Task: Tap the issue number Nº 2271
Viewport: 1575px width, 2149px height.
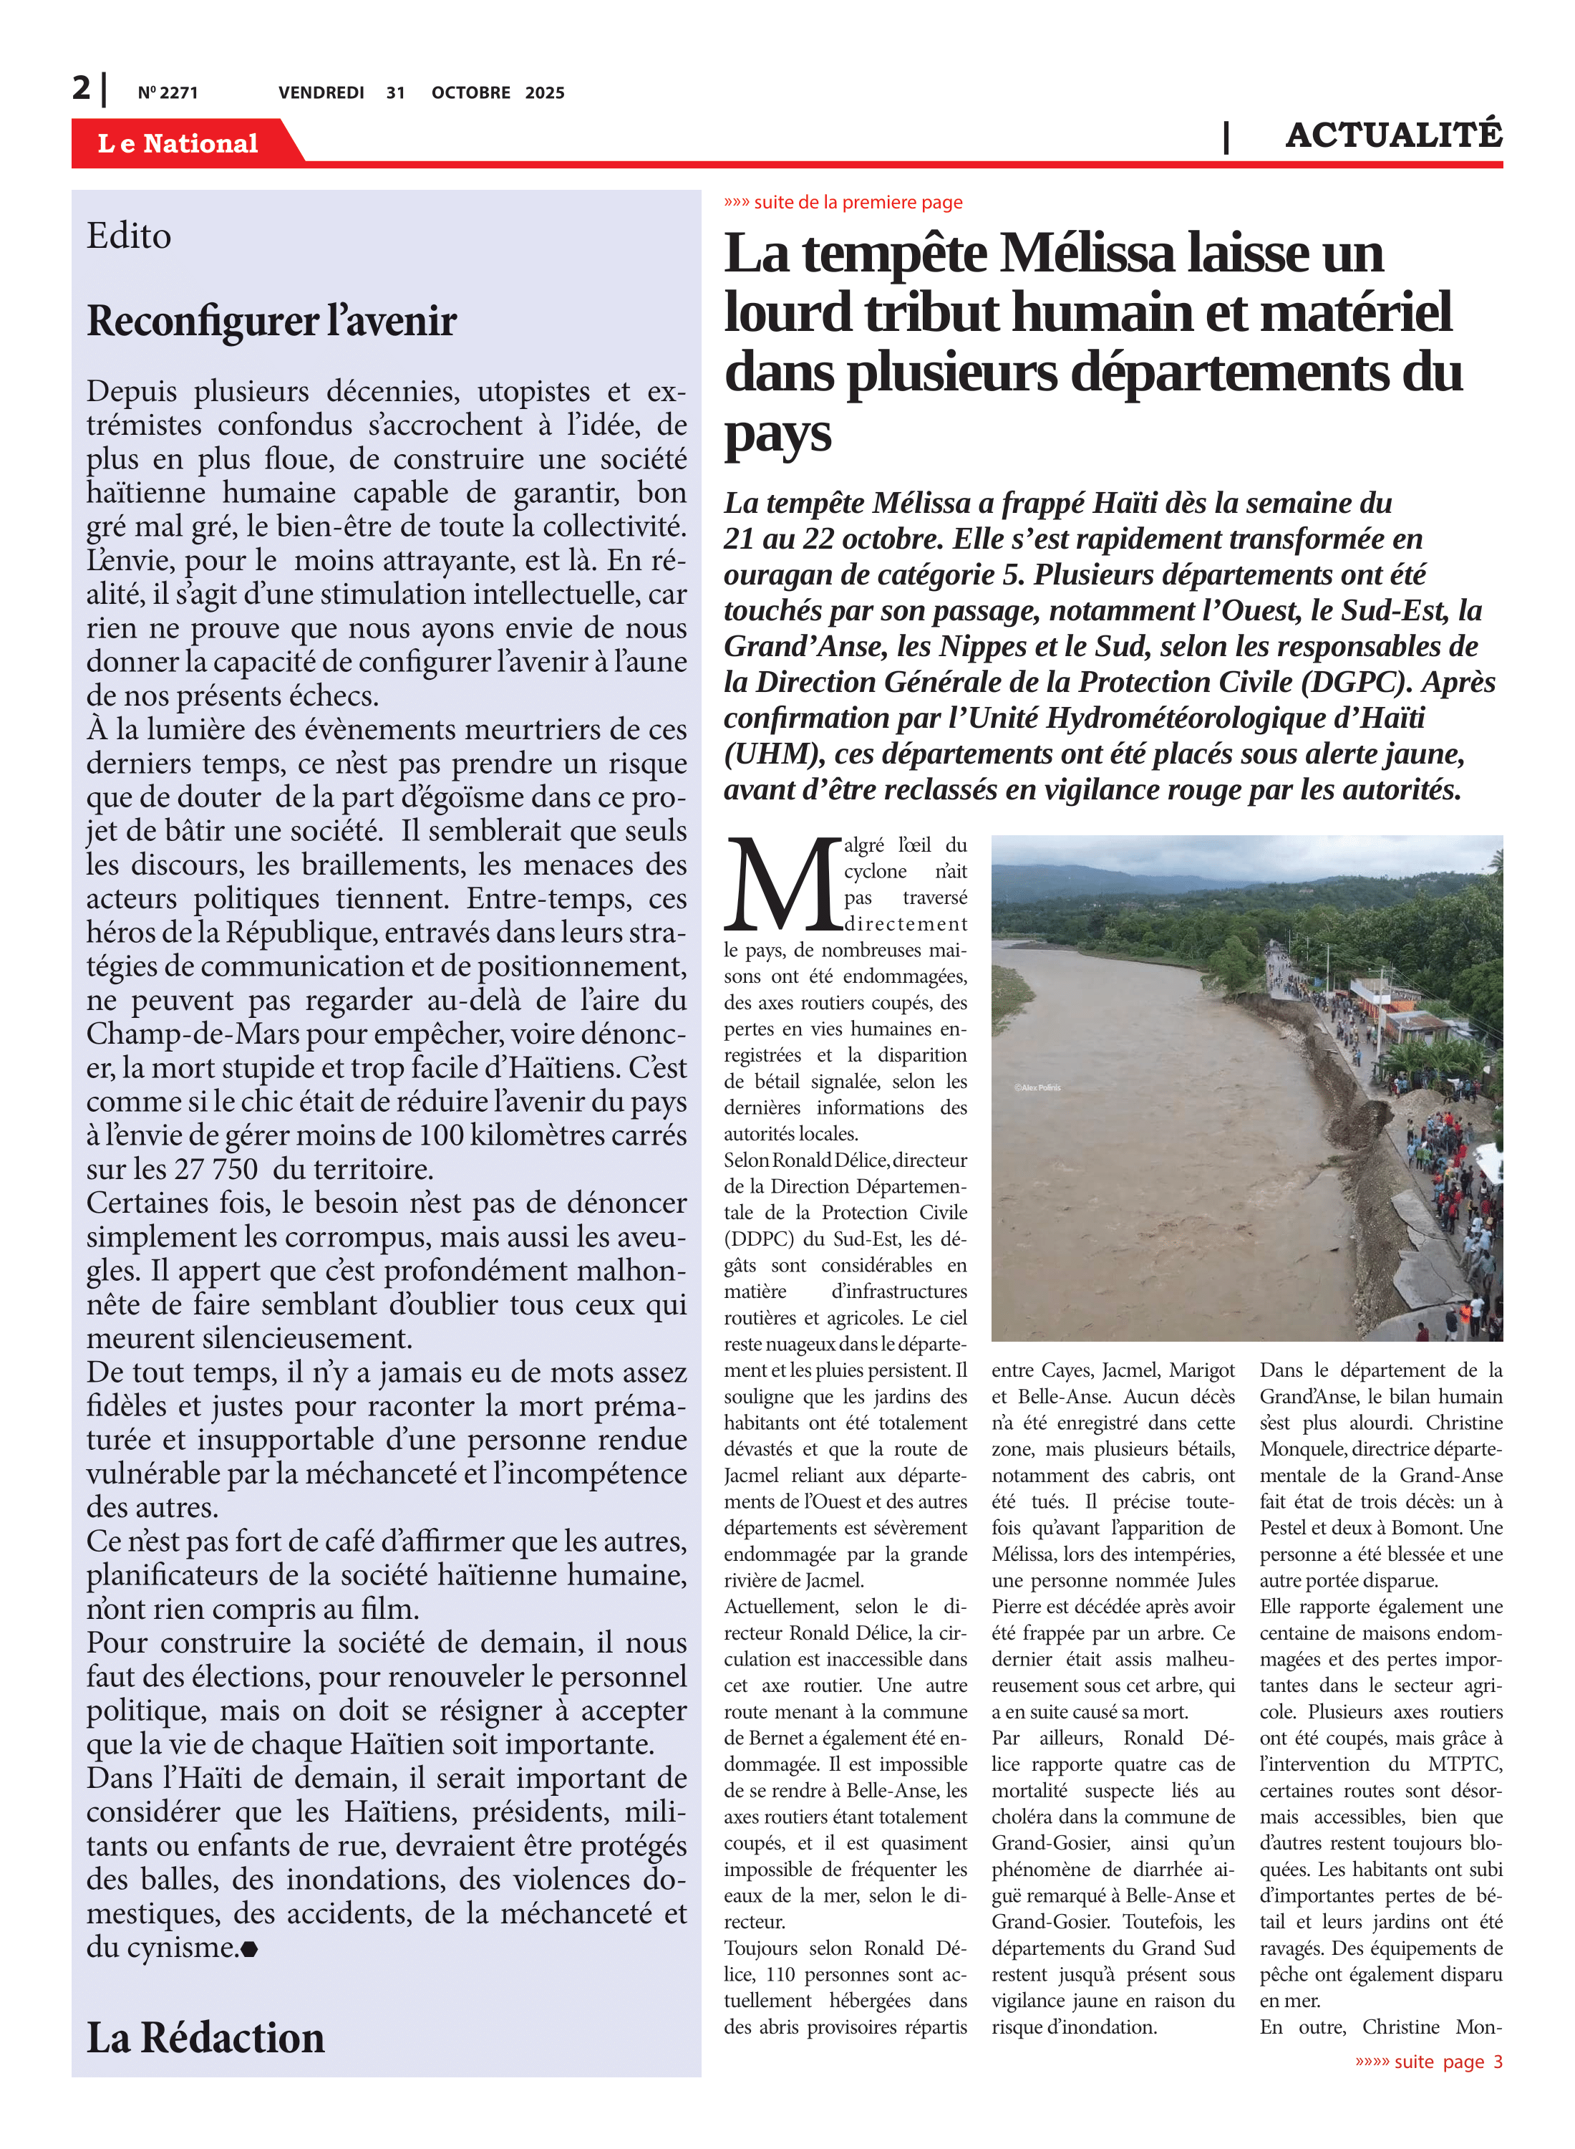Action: [168, 92]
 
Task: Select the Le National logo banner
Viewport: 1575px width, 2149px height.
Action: [178, 143]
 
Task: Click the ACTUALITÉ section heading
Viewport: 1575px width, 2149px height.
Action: [1393, 135]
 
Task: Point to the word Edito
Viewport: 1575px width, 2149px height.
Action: [129, 236]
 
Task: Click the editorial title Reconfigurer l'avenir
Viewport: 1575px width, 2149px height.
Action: [272, 322]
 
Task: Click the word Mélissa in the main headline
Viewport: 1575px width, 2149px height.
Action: [1086, 255]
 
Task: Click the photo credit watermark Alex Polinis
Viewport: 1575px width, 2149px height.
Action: [1037, 1087]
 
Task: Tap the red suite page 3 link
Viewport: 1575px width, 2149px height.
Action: [1428, 2062]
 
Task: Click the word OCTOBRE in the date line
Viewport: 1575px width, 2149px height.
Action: [470, 92]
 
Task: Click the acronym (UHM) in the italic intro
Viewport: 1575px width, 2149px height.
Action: [774, 754]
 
